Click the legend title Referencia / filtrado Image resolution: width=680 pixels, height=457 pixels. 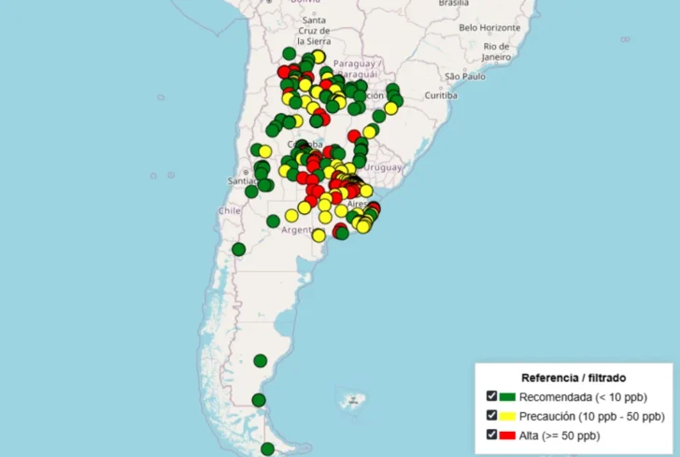[x=566, y=378]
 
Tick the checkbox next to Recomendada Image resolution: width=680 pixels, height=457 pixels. [x=491, y=396]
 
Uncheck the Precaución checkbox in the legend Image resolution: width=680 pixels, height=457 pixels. [x=491, y=415]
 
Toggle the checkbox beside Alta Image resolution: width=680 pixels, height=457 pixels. [x=491, y=435]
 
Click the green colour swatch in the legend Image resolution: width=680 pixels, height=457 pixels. [x=508, y=396]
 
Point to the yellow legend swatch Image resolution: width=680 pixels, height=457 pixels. [x=508, y=416]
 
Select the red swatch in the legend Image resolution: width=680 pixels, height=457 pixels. [x=508, y=435]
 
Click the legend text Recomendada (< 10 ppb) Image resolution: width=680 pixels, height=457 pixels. [x=581, y=396]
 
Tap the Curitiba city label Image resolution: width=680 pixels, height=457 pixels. [x=440, y=95]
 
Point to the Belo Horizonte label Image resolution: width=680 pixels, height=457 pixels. [x=494, y=27]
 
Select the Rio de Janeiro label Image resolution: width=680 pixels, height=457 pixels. [x=496, y=51]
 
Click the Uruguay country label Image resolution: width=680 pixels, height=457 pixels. [x=384, y=166]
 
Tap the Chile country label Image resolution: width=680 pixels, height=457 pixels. [x=230, y=211]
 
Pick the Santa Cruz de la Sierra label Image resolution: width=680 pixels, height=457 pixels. [x=314, y=31]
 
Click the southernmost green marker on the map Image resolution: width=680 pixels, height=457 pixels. [x=268, y=449]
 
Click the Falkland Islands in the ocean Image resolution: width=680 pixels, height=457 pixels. [x=352, y=403]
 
